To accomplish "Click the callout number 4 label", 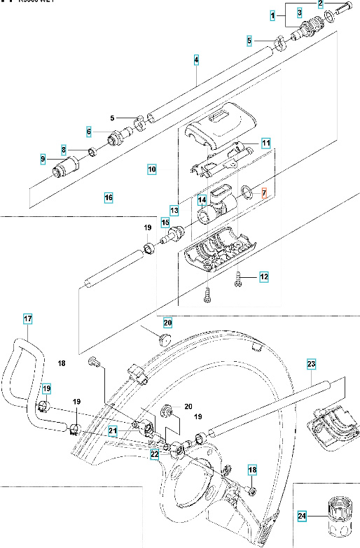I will [x=197, y=60].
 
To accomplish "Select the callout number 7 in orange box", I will [x=264, y=192].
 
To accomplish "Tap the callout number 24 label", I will [x=303, y=517].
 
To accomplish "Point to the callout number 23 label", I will [x=312, y=363].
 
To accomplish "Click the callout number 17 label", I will [x=29, y=321].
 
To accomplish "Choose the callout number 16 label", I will [x=109, y=198].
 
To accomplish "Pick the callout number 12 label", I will [x=264, y=277].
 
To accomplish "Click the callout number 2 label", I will [x=320, y=4].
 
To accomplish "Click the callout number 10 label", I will [x=152, y=169].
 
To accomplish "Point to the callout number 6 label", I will [x=89, y=131].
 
